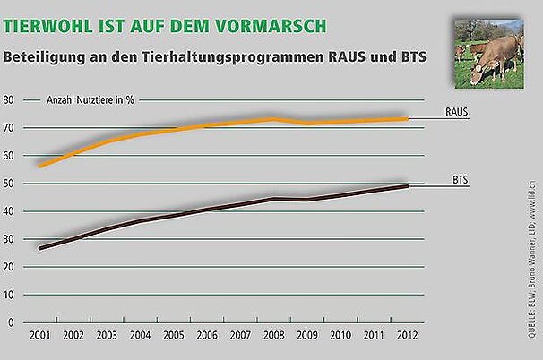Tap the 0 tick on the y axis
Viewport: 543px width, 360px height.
point(12,321)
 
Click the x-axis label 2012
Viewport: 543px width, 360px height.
point(405,335)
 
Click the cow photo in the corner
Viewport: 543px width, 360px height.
point(488,53)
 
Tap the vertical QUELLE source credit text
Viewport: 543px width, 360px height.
point(533,242)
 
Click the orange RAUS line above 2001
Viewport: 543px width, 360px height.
point(41,166)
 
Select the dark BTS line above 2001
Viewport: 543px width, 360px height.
point(41,247)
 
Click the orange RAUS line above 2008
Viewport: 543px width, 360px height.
point(272,119)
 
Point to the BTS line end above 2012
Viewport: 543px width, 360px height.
point(406,186)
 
